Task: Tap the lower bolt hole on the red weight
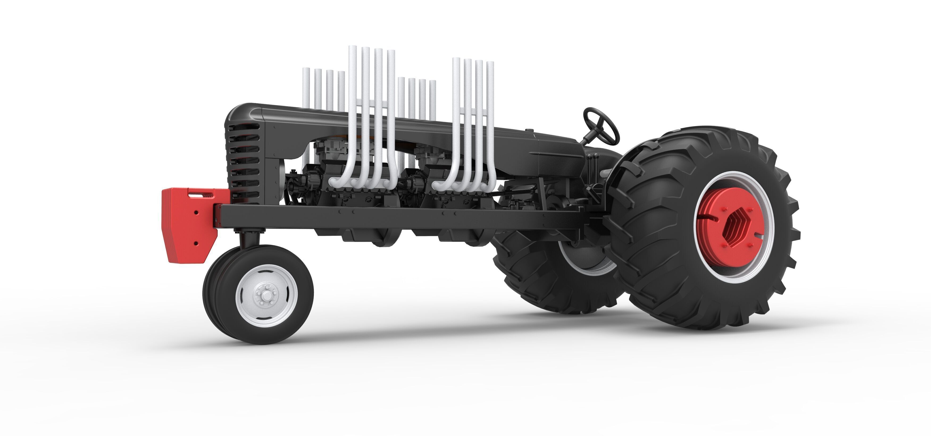click(x=196, y=244)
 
